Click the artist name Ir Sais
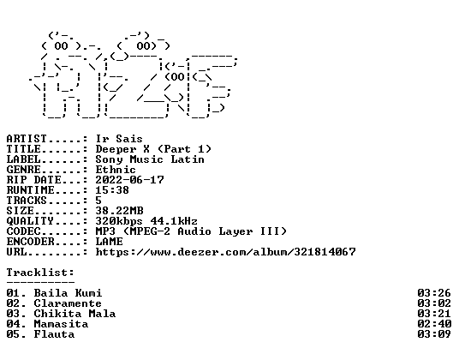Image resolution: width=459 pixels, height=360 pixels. (119, 139)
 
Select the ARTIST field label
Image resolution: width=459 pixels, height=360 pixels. (27, 139)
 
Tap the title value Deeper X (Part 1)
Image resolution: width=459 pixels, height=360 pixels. (153, 149)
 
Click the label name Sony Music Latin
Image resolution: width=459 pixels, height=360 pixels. (150, 159)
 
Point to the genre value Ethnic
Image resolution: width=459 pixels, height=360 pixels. (116, 170)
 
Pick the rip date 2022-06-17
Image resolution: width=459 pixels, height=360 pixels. (129, 180)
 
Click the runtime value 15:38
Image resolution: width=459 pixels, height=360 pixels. (112, 190)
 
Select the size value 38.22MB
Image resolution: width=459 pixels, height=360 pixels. (119, 211)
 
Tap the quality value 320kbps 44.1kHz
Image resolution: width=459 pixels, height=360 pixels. (146, 221)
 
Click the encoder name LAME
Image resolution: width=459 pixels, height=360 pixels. (110, 242)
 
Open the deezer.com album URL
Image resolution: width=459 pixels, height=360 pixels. (226, 252)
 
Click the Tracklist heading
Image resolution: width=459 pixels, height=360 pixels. (40, 273)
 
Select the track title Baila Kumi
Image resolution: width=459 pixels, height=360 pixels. (68, 293)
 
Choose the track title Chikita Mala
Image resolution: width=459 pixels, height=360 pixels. (75, 314)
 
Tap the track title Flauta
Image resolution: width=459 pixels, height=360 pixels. (54, 334)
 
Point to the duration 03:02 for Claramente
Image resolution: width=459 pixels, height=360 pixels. (434, 303)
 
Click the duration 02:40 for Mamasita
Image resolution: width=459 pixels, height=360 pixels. (434, 324)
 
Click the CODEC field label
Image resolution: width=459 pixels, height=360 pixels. (23, 231)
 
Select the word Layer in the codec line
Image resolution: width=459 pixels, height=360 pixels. (235, 231)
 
